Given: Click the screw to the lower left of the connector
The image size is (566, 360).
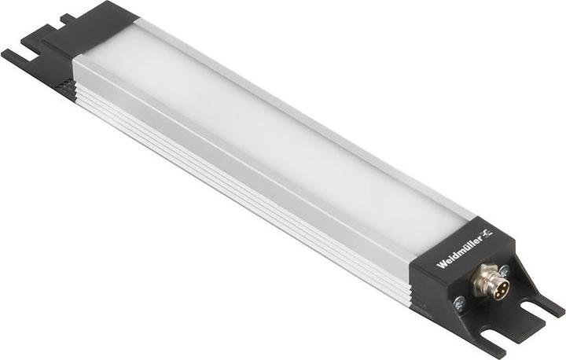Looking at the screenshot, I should point(458,300).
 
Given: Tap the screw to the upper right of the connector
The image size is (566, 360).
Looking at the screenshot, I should point(504,270).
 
